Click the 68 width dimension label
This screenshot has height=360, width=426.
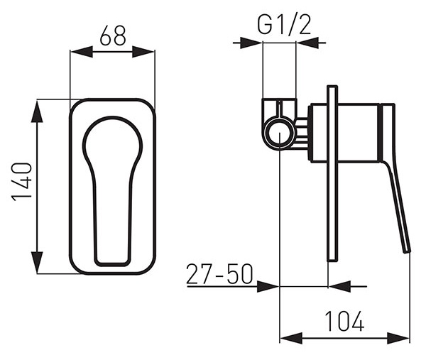(113, 36)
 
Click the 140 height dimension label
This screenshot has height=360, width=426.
(22, 182)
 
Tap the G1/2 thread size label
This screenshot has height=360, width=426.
(283, 25)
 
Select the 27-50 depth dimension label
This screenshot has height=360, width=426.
(219, 274)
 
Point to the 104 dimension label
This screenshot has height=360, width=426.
(344, 321)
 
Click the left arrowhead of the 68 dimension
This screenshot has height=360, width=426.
(82, 52)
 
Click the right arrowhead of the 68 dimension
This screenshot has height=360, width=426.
(143, 52)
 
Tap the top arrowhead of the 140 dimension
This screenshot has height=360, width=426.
(37, 111)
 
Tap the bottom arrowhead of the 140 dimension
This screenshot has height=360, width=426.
(37, 262)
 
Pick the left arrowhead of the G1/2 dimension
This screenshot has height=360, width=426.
(251, 43)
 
